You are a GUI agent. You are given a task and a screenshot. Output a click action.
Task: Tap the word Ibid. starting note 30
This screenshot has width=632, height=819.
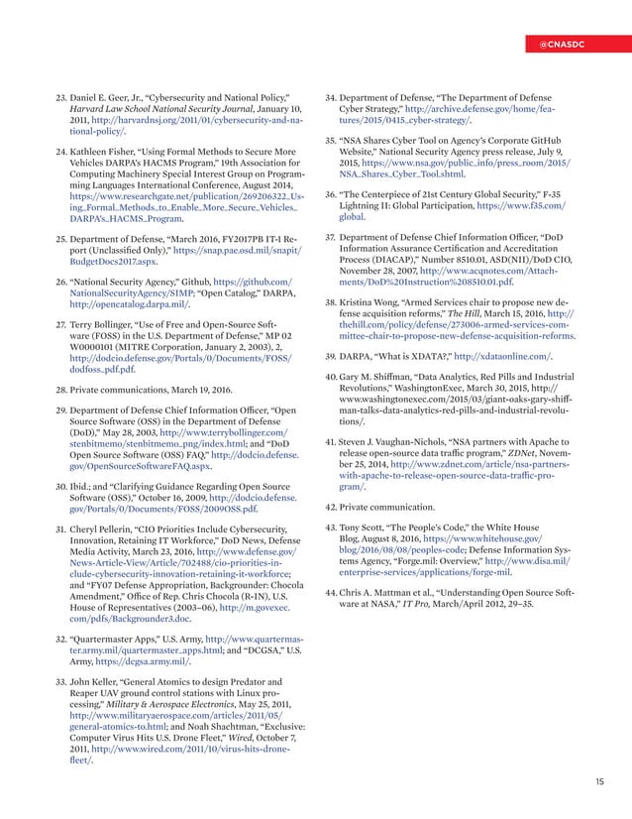point(81,461)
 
